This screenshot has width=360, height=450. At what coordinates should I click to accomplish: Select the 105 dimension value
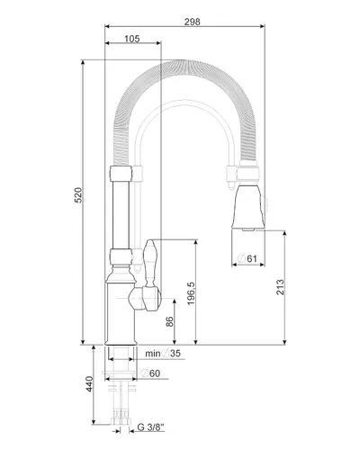click(x=131, y=39)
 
